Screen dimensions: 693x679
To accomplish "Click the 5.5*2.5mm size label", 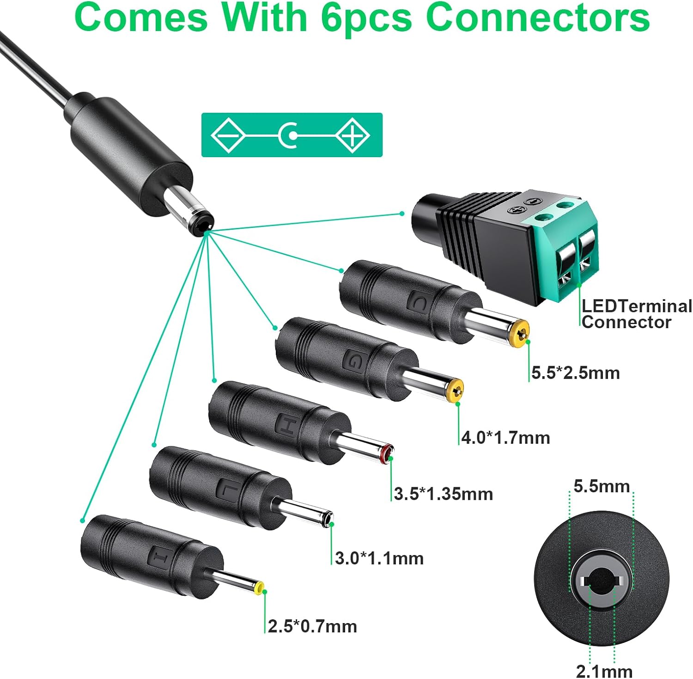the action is tap(575, 373).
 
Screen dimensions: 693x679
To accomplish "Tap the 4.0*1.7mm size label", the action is tap(505, 438).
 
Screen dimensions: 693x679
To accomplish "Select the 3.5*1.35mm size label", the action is tap(443, 494).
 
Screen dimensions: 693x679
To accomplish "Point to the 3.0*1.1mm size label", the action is tap(379, 558).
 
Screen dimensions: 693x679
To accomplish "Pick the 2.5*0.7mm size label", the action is tap(312, 626).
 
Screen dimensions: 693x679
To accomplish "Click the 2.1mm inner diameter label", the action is tap(604, 671).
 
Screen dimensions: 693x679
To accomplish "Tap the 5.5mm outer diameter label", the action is tap(602, 486).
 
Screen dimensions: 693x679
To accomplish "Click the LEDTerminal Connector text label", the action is tap(636, 314).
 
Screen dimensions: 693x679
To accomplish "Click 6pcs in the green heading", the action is tap(366, 18).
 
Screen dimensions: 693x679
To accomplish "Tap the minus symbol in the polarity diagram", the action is tap(228, 135).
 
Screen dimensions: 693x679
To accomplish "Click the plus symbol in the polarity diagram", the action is tap(353, 135).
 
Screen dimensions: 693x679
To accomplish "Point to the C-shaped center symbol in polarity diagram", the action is tap(290, 135).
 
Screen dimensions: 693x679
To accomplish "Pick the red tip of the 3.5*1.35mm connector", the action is tap(386, 453).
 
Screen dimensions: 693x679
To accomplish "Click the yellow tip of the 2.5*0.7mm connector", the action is tap(259, 588).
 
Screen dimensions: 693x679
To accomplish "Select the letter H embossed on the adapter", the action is tap(286, 425).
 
